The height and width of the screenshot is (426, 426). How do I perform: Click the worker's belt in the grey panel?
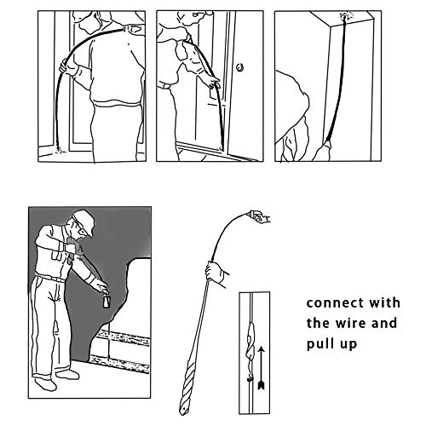(x=54, y=278)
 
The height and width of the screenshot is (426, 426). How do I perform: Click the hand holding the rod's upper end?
(x=261, y=219)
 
